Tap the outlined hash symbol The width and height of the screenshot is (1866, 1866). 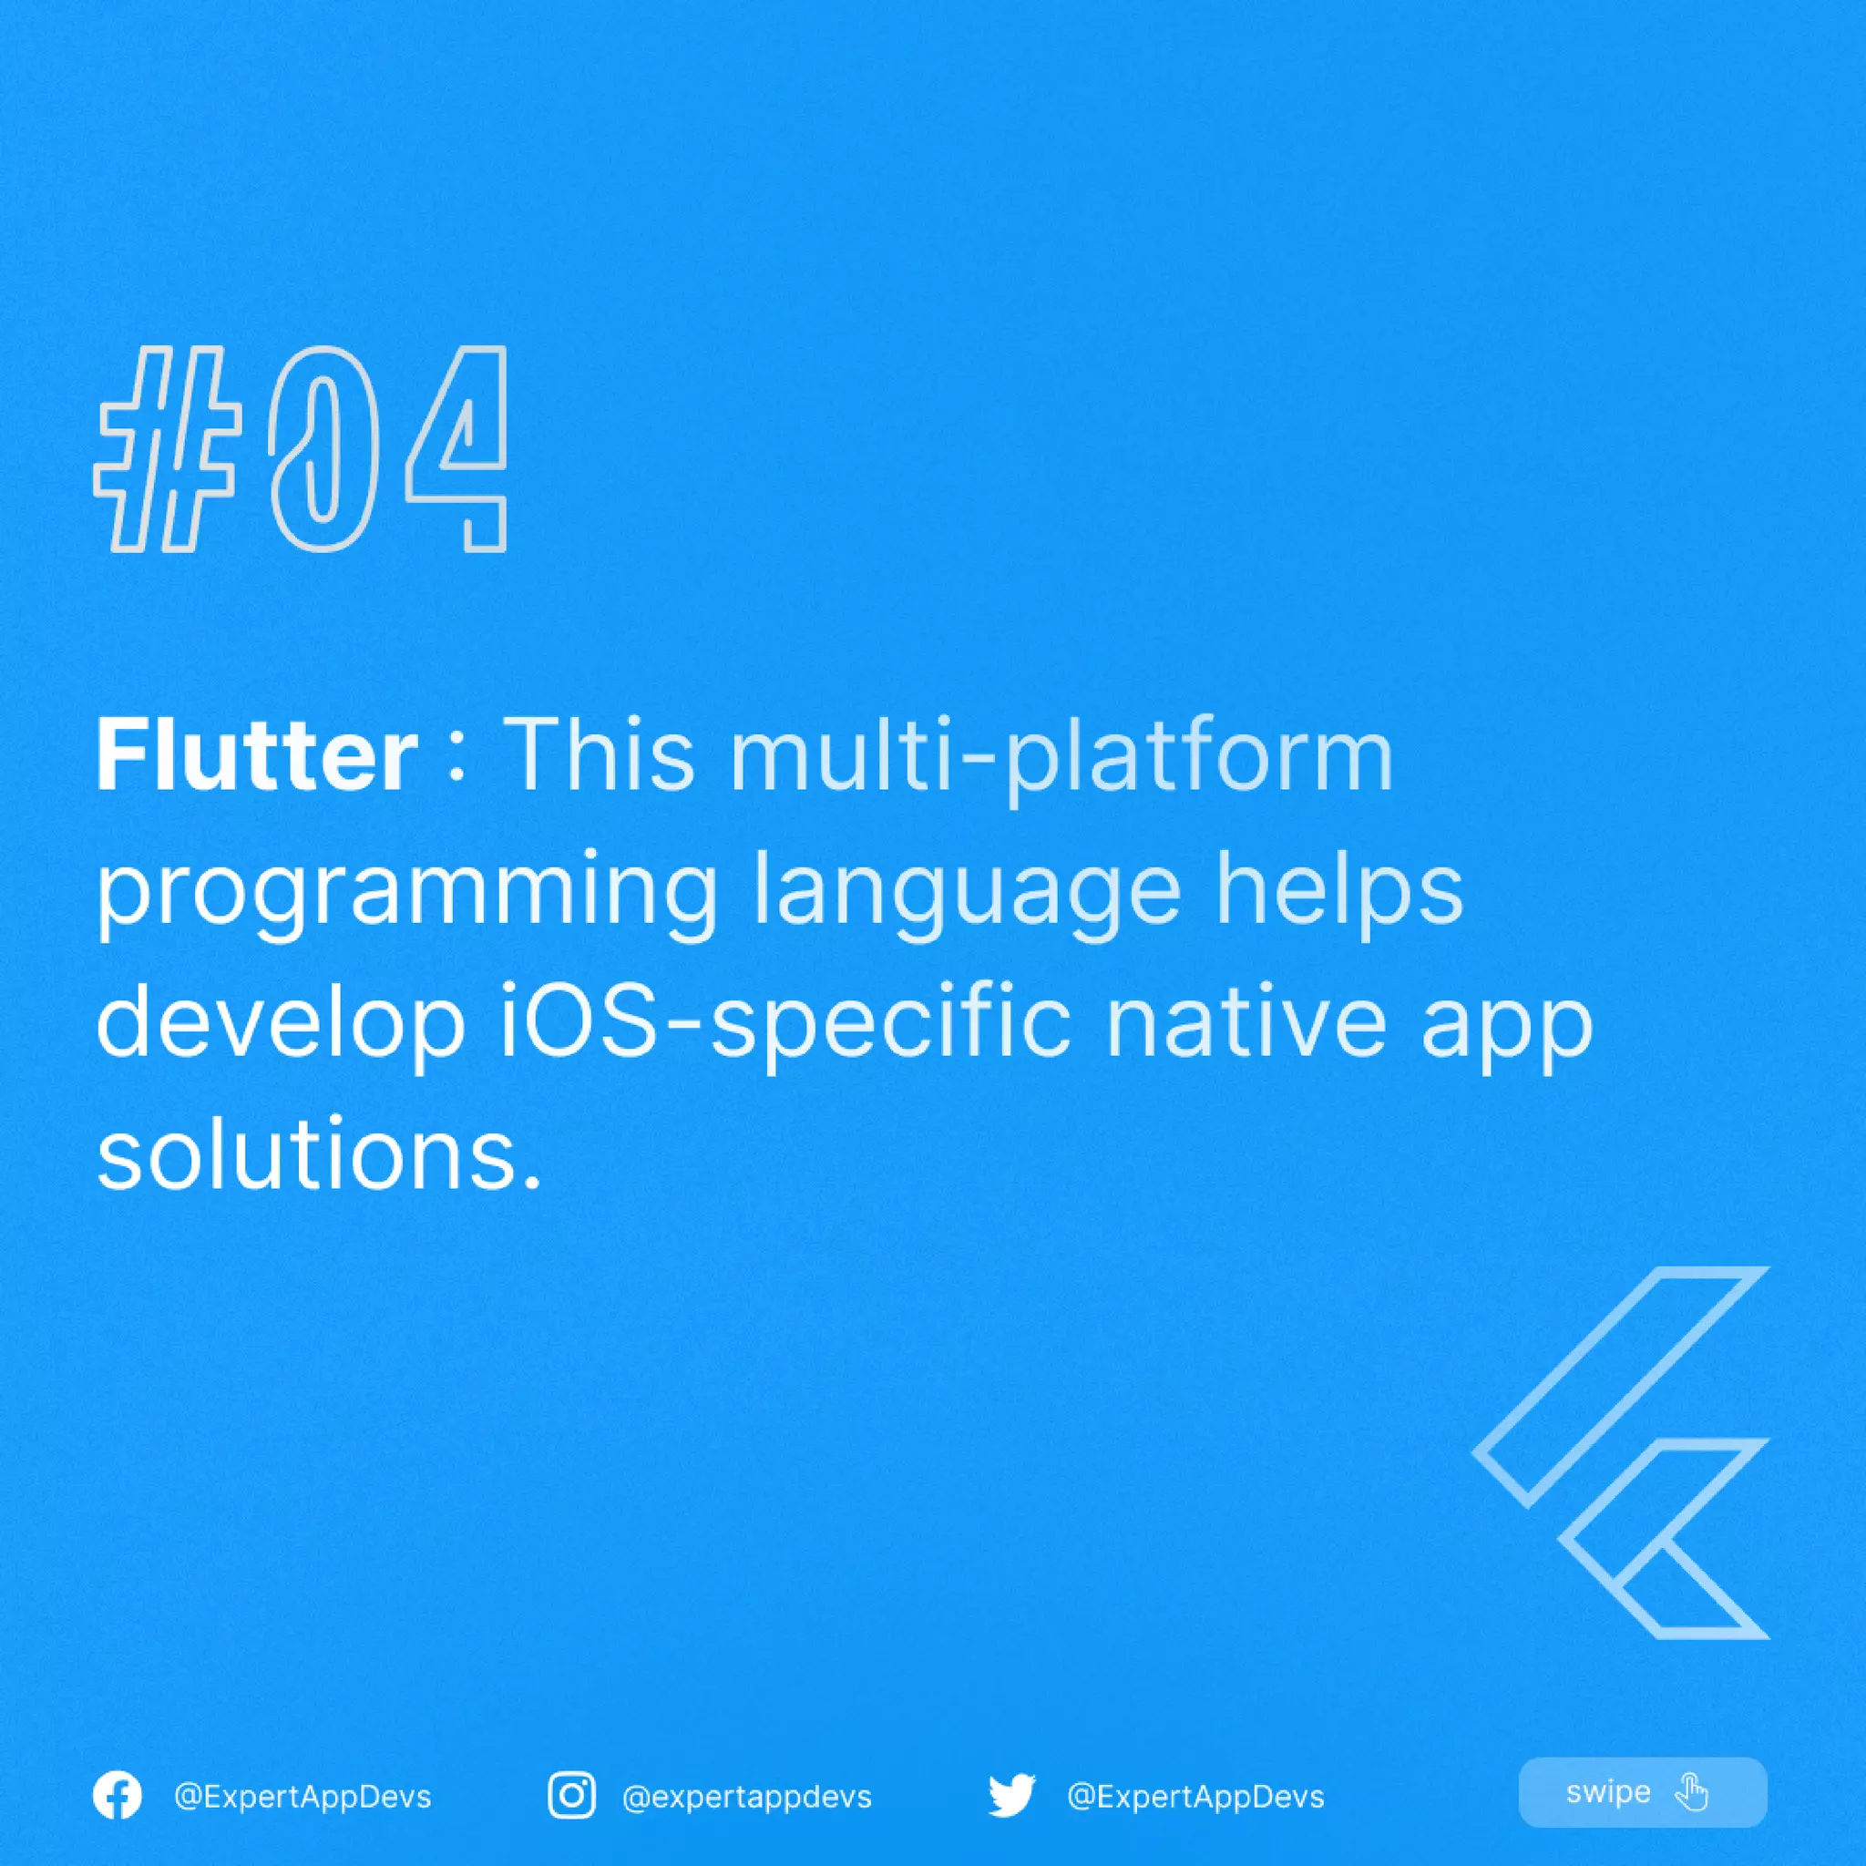pos(168,450)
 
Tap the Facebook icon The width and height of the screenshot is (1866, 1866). pos(117,1797)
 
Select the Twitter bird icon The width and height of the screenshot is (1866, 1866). pos(1011,1797)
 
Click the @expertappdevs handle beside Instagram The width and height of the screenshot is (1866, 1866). pos(746,1798)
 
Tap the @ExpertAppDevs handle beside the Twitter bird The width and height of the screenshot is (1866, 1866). pos(1194,1798)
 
